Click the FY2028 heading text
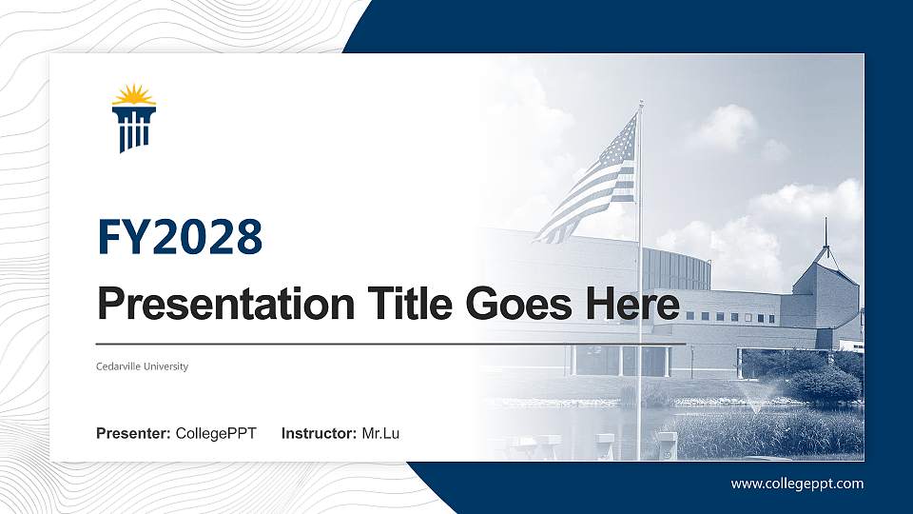pos(180,237)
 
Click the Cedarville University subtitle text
pos(143,366)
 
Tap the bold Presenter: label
pos(133,434)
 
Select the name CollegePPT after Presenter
pos(216,434)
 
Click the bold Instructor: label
pos(320,434)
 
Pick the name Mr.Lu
pos(380,434)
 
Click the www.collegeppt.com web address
pos(797,484)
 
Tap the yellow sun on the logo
pos(133,96)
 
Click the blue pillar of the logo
pos(133,128)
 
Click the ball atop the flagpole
pos(641,102)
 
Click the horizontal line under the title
pos(390,343)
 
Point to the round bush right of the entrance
pos(826,384)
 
